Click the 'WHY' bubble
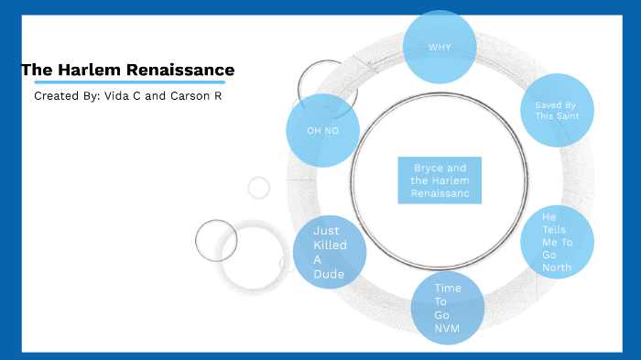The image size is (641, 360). (440, 47)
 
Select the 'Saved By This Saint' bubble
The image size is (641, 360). (557, 110)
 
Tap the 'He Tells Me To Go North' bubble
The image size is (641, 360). (557, 242)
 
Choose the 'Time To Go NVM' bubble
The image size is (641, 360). (447, 308)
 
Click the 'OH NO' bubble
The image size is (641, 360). (322, 130)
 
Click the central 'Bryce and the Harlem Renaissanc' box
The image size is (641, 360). (440, 180)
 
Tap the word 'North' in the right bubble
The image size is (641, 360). (557, 267)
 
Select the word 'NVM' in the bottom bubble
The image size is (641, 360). (448, 327)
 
